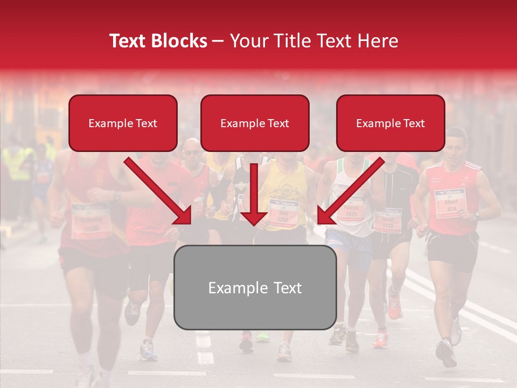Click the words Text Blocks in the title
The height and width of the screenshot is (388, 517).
(x=158, y=41)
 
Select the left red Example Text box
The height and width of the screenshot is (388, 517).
(x=123, y=123)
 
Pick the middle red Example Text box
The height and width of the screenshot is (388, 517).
(x=255, y=123)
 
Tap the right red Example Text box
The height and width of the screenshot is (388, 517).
(x=390, y=123)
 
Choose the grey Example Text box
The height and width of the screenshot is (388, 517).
(x=255, y=288)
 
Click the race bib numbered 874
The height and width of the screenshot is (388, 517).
(x=450, y=204)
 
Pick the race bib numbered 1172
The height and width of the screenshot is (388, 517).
(x=388, y=220)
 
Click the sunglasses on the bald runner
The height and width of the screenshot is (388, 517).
(x=191, y=153)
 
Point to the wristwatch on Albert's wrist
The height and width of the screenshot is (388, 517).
(x=477, y=215)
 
